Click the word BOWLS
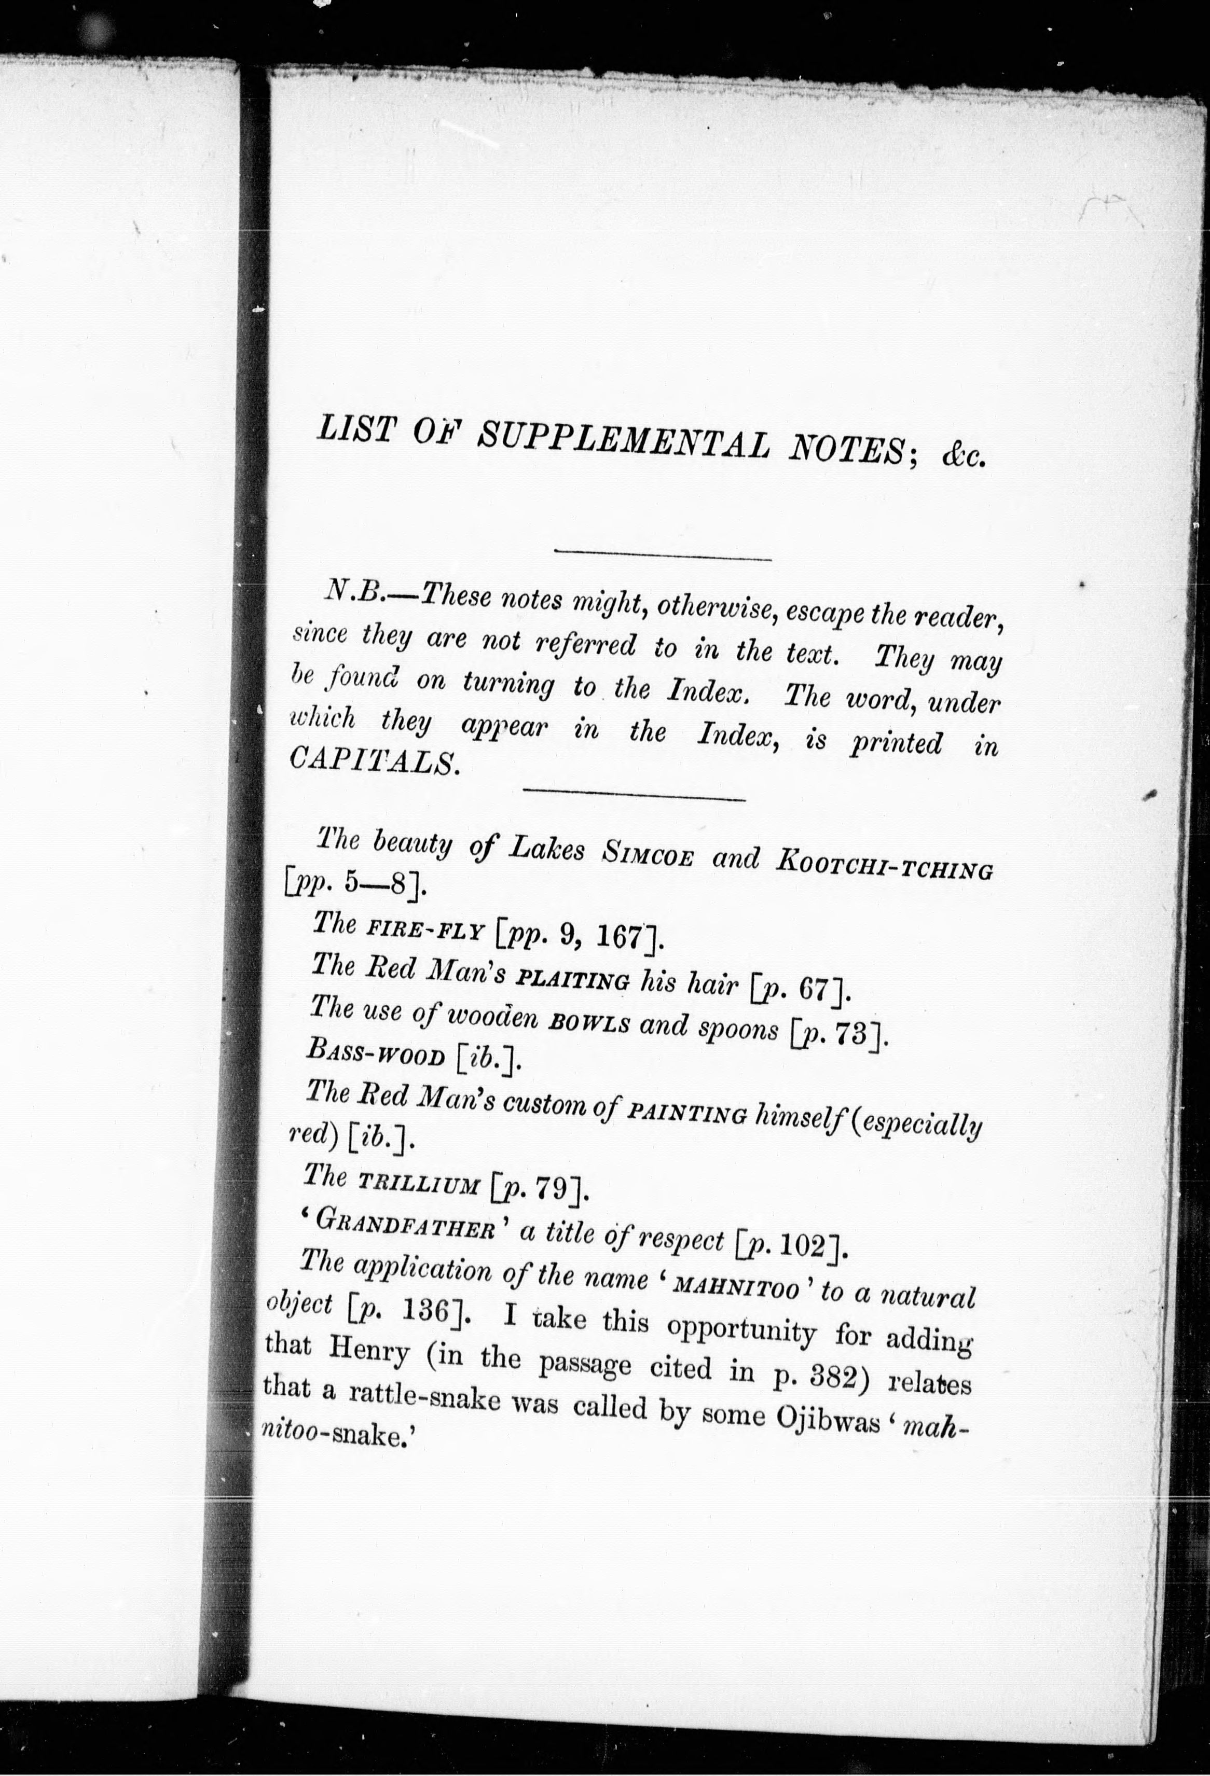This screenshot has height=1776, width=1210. [589, 1025]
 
